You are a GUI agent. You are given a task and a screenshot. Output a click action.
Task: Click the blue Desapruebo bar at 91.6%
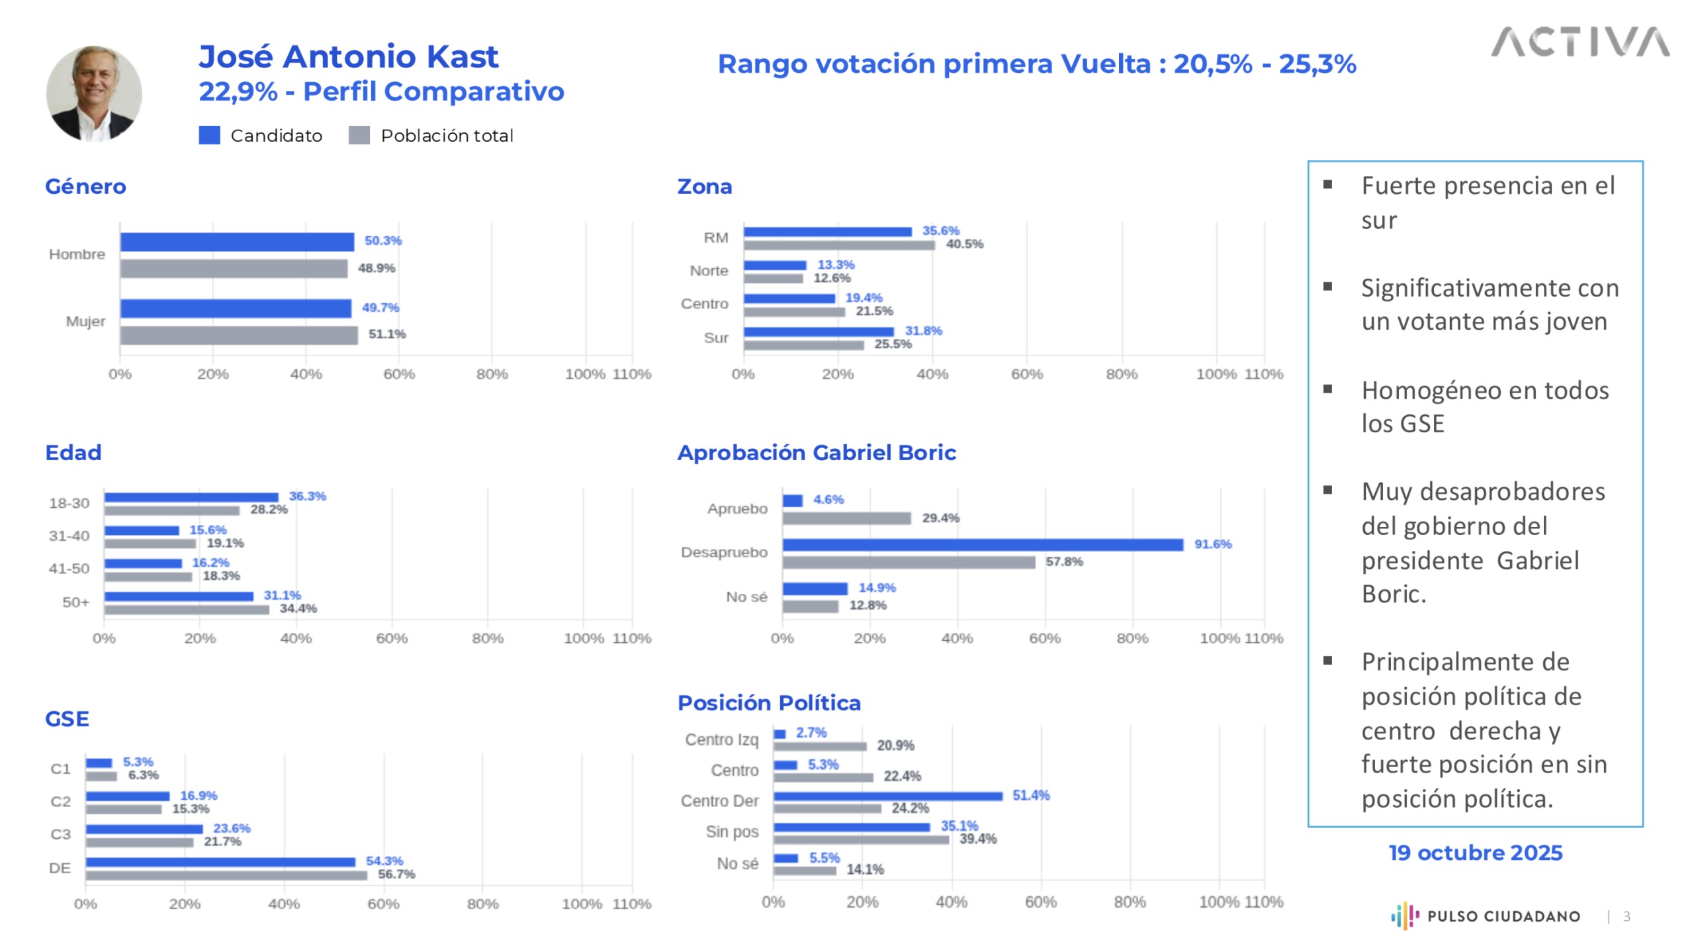(982, 545)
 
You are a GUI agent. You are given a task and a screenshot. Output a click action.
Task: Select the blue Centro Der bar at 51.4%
(887, 796)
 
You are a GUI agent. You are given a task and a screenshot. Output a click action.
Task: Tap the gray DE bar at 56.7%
(226, 875)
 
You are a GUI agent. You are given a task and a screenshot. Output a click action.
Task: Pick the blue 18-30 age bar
(191, 497)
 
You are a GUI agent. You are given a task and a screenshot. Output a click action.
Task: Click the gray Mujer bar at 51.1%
(239, 335)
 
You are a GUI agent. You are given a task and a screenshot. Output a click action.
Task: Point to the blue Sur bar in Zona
(818, 332)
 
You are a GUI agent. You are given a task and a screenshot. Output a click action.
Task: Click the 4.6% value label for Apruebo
(828, 500)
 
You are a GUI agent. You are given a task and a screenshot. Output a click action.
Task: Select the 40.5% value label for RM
(964, 244)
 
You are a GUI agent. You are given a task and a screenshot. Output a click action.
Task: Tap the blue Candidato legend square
(209, 135)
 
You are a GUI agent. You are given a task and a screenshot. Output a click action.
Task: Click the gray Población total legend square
(359, 135)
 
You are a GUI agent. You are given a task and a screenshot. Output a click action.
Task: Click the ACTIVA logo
(1580, 42)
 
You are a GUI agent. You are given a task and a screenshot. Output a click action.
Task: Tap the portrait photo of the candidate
(94, 93)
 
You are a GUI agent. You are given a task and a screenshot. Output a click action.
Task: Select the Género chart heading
(85, 187)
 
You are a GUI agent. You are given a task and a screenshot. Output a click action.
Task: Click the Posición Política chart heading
(768, 702)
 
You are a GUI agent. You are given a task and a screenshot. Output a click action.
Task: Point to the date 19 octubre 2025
(1475, 853)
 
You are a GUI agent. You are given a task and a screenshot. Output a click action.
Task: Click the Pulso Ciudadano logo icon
(1404, 916)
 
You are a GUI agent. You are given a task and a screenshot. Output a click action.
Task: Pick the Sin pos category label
(731, 832)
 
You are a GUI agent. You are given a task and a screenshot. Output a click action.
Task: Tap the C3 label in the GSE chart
(60, 834)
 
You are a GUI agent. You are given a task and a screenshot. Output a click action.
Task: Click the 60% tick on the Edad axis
(392, 638)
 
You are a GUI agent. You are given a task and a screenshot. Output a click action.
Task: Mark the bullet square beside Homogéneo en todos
(1327, 389)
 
